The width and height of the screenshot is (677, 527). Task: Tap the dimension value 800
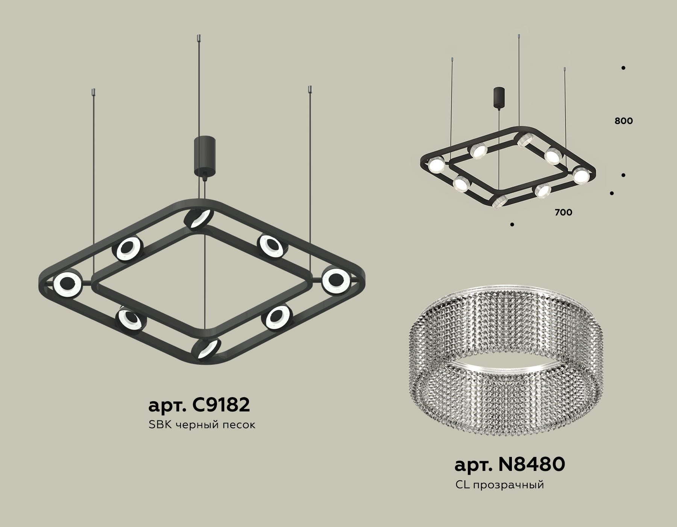coord(624,121)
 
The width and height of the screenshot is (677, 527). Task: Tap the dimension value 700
coord(563,212)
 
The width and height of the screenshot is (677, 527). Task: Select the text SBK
coord(160,425)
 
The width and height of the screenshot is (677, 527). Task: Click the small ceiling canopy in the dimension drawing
coord(499,97)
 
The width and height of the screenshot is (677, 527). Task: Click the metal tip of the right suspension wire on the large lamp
coord(310,90)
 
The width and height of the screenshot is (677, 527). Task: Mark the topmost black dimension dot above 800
coord(623,68)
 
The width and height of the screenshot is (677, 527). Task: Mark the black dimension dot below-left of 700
coord(512,225)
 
